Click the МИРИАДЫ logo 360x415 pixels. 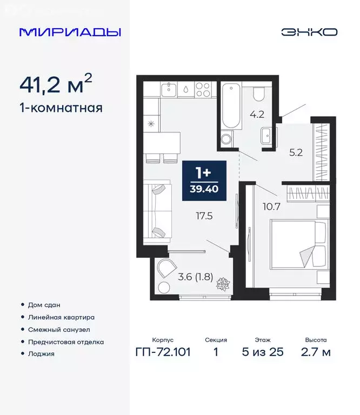70,32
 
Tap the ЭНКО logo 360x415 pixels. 309,32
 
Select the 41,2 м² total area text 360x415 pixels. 56,85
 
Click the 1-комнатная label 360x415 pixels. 61,108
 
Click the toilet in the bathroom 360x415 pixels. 258,95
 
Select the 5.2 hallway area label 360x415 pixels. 295,152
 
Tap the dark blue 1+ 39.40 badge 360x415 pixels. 203,181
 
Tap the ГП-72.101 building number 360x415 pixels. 163,352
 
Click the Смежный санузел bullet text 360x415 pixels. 59,330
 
